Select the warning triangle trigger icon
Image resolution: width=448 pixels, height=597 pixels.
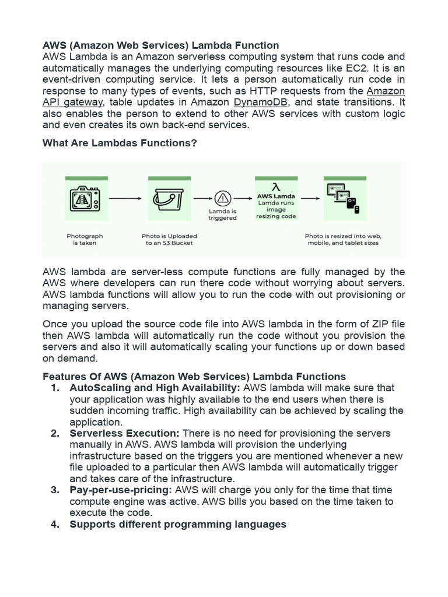tap(223, 198)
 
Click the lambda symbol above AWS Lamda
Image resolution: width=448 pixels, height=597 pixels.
tap(276, 187)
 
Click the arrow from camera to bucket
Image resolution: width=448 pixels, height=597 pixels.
tap(125, 198)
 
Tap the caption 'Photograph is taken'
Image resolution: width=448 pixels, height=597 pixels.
tap(85, 239)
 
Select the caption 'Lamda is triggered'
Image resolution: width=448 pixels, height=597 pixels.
tap(223, 215)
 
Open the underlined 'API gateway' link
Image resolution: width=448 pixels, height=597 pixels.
tap(74, 102)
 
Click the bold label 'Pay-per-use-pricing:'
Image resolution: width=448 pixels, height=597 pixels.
tap(121, 490)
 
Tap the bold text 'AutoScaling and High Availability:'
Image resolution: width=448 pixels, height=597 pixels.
tap(155, 388)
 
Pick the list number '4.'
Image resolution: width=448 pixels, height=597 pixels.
tap(55, 524)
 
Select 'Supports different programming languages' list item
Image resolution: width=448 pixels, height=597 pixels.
tap(178, 524)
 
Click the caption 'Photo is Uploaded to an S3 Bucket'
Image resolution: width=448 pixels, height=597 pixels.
tap(169, 239)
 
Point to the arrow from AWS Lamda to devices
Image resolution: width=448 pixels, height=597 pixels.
tap(310, 198)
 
